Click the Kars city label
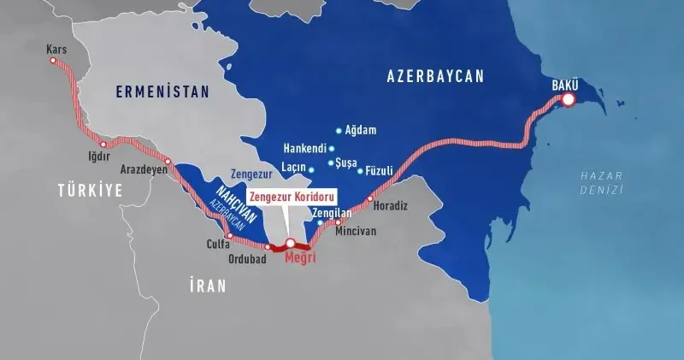click(56, 50)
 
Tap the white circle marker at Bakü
click(569, 101)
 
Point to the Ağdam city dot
click(339, 131)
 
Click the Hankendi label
click(304, 148)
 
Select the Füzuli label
click(379, 171)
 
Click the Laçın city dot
click(312, 170)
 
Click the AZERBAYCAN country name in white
click(435, 76)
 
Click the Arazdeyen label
click(143, 168)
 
